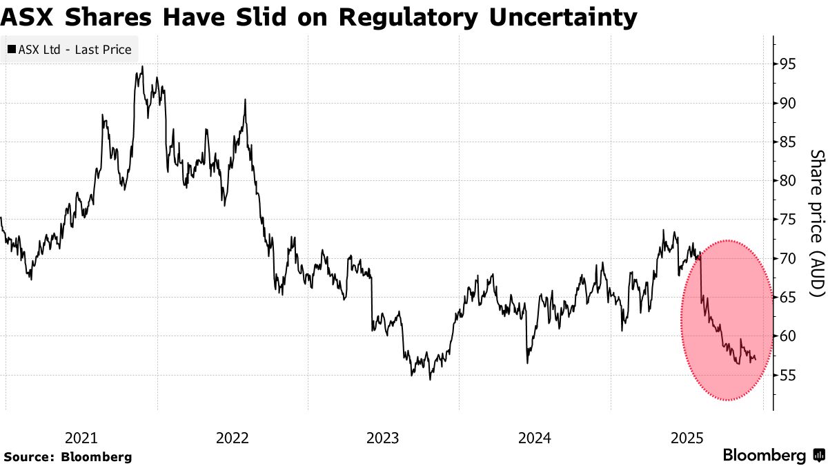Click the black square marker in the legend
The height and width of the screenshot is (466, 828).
click(12, 50)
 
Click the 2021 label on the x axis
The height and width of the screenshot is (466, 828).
click(81, 438)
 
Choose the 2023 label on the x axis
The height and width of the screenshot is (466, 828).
click(383, 438)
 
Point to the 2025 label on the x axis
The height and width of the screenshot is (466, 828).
click(687, 438)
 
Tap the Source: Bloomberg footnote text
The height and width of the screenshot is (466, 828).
click(67, 456)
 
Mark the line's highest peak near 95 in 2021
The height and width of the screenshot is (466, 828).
click(142, 66)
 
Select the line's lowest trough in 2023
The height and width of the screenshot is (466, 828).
click(430, 379)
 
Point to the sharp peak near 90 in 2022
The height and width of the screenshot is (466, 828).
click(245, 99)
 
